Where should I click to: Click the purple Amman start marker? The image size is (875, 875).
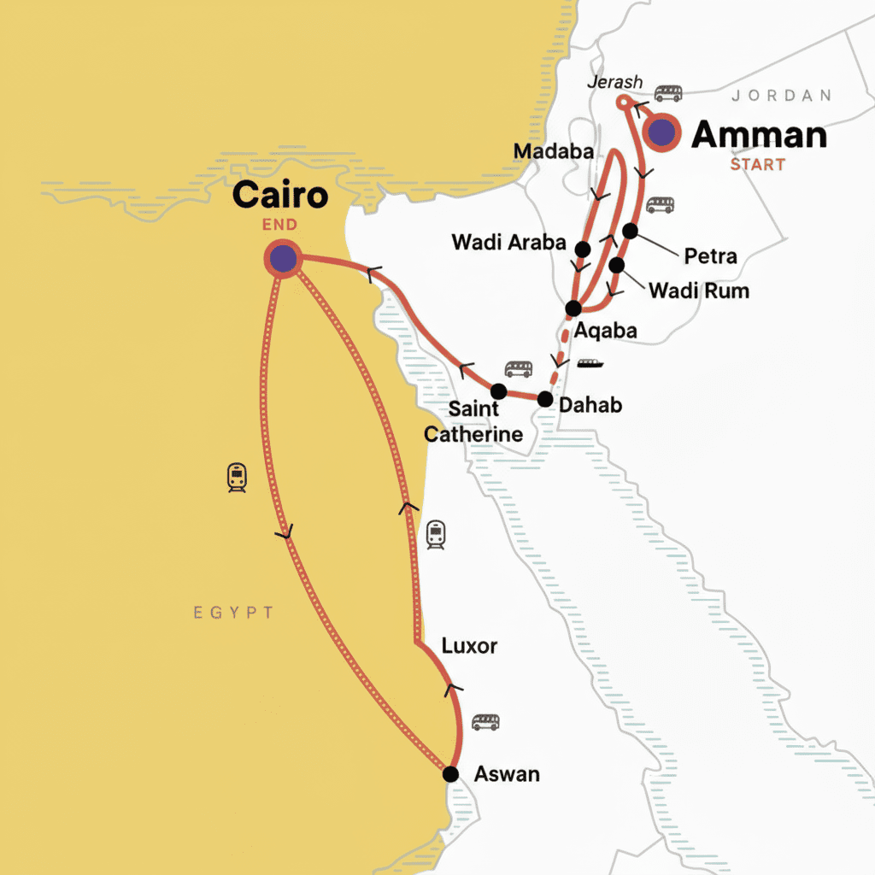pos(661,132)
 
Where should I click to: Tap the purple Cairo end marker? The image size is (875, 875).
pos(282,257)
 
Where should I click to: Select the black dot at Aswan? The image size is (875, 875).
pos(450,774)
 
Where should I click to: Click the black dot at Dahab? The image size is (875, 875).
pos(545,398)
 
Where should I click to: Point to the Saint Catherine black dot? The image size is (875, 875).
pos(498,391)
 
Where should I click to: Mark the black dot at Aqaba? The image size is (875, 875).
pos(573,308)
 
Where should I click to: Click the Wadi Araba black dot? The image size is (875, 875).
pos(583,249)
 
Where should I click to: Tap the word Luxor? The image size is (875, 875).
pos(469,646)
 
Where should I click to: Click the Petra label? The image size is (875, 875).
pos(710,255)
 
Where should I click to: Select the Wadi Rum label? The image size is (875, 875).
pos(698,291)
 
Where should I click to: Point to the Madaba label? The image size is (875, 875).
pos(554,152)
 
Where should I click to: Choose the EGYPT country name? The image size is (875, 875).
pos(233,613)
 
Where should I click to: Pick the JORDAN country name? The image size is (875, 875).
pos(781,95)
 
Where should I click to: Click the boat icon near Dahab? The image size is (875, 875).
pos(590,363)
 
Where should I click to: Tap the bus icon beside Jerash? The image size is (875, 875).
pos(668,92)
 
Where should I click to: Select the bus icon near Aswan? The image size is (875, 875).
pos(485,722)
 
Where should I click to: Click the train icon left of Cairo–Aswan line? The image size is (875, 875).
pos(237,478)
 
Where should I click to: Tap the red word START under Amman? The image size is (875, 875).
pos(757,164)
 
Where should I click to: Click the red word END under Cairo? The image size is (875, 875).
pos(280,225)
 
